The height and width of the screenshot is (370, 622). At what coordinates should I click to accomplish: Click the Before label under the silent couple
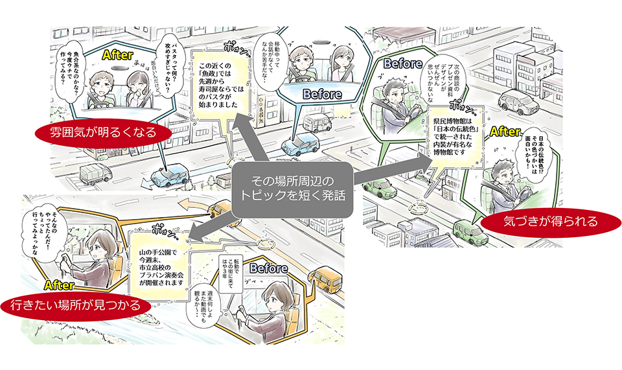click(322, 94)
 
